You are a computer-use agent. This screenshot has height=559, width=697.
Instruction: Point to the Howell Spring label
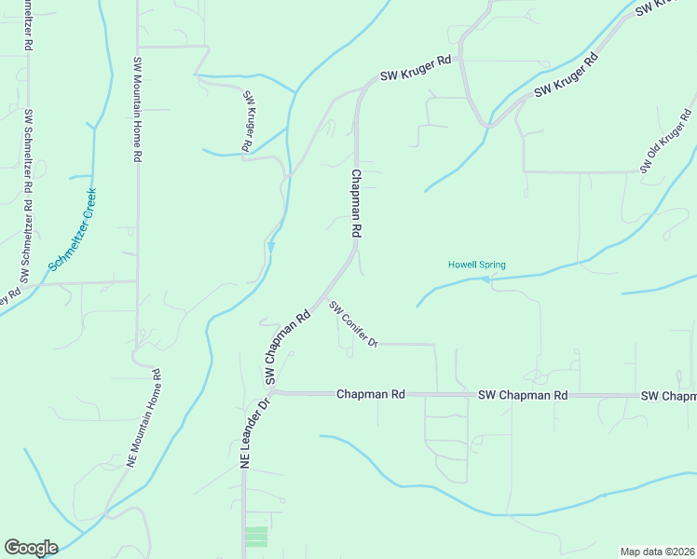[476, 265]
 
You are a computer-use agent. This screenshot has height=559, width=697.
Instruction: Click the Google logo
[31, 548]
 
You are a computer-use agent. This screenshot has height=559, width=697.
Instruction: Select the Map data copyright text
[658, 552]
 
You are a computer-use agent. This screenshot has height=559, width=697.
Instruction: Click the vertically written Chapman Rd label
[355, 202]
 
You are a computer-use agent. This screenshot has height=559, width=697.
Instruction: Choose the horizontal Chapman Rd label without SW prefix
[371, 395]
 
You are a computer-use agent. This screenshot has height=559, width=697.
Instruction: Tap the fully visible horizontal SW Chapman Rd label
[522, 395]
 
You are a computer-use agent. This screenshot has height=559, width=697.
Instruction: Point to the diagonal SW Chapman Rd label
[287, 348]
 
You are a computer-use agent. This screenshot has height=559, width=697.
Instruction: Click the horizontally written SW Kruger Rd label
[415, 67]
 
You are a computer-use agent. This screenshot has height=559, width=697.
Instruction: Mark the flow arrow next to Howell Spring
[485, 278]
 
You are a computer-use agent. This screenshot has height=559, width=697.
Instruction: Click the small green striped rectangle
[255, 537]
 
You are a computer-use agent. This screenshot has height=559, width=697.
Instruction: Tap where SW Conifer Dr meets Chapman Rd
[325, 298]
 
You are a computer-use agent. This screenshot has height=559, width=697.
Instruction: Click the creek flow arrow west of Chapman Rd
[271, 246]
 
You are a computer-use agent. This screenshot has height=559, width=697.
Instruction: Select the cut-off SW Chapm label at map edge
[668, 396]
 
